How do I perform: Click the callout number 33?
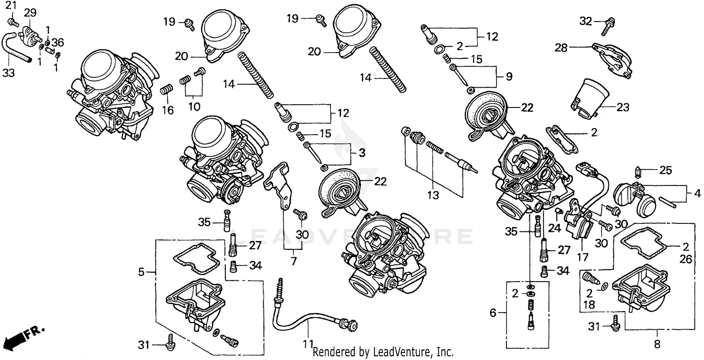coord(9,73)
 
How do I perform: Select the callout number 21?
coord(10,6)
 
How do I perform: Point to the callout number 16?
coord(168,110)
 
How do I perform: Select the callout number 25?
coord(666,170)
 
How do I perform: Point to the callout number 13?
coord(434,195)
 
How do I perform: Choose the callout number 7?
coord(294,261)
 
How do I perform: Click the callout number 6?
coord(493,313)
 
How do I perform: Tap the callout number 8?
coord(657,344)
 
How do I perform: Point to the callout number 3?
coord(361,153)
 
